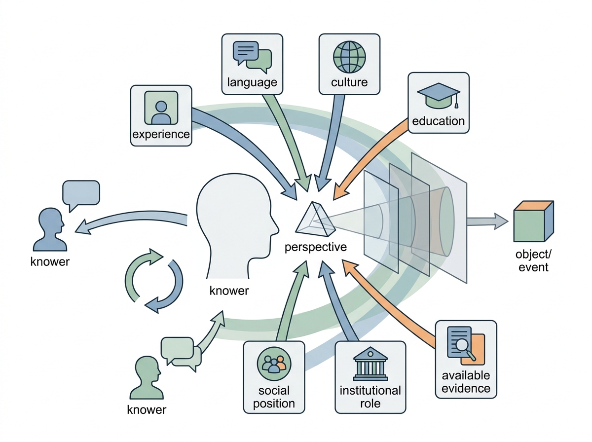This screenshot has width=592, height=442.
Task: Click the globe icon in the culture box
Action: (x=349, y=57)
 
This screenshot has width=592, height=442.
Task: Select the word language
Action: (x=252, y=82)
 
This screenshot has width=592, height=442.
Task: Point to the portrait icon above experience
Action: (x=161, y=108)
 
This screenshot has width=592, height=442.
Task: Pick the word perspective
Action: (x=316, y=247)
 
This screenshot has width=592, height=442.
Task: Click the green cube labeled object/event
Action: (x=533, y=221)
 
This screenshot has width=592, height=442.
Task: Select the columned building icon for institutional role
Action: (x=370, y=364)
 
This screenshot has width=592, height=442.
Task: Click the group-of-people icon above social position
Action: (x=274, y=364)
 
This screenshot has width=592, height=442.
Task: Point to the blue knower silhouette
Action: (x=50, y=229)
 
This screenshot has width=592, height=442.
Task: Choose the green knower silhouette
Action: (x=147, y=377)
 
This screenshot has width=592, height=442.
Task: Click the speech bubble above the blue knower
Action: (x=81, y=195)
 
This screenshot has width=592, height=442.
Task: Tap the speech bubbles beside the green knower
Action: (x=181, y=353)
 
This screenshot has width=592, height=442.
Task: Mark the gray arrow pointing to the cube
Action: (x=487, y=221)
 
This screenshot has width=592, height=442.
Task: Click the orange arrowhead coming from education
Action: (x=341, y=191)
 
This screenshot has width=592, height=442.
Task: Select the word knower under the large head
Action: (x=229, y=291)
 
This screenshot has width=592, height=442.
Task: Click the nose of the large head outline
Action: (x=276, y=230)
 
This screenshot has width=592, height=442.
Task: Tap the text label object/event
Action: (x=533, y=261)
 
